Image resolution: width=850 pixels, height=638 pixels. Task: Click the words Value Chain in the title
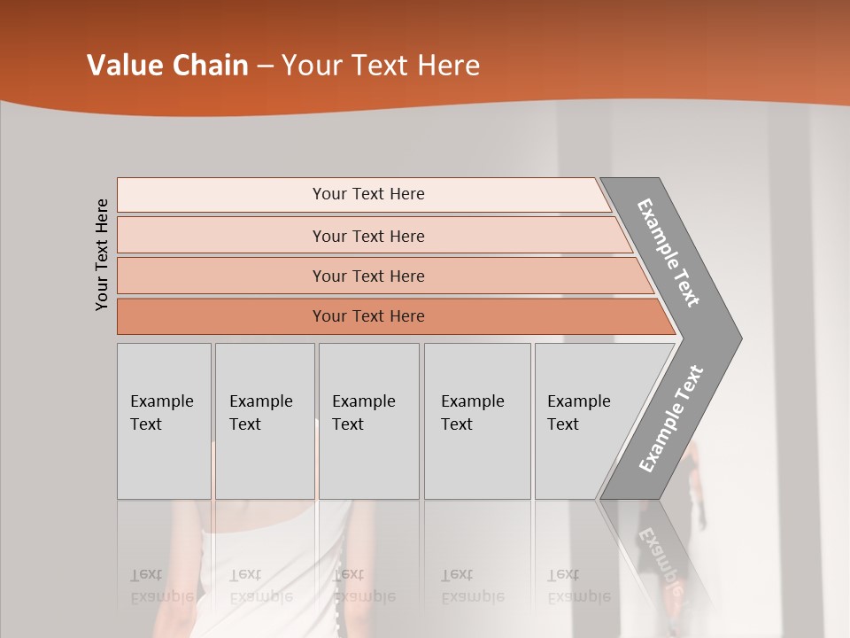tap(167, 66)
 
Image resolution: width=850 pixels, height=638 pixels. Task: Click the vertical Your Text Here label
tap(102, 254)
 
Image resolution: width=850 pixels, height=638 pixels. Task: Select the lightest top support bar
tap(221, 194)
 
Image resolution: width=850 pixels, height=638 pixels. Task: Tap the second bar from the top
tap(221, 236)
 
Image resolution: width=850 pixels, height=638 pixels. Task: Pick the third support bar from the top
tap(221, 276)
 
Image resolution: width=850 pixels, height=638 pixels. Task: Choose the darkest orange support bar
tap(221, 316)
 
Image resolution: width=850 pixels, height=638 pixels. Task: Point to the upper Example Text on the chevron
tap(668, 253)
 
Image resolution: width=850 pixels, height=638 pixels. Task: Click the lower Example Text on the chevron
tap(670, 419)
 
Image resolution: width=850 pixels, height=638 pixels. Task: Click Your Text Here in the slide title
tap(381, 66)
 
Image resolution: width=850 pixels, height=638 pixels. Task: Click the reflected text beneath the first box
tap(161, 586)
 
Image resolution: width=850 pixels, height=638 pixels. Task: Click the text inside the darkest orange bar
tap(368, 316)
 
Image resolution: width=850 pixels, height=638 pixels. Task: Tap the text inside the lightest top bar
tap(368, 194)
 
